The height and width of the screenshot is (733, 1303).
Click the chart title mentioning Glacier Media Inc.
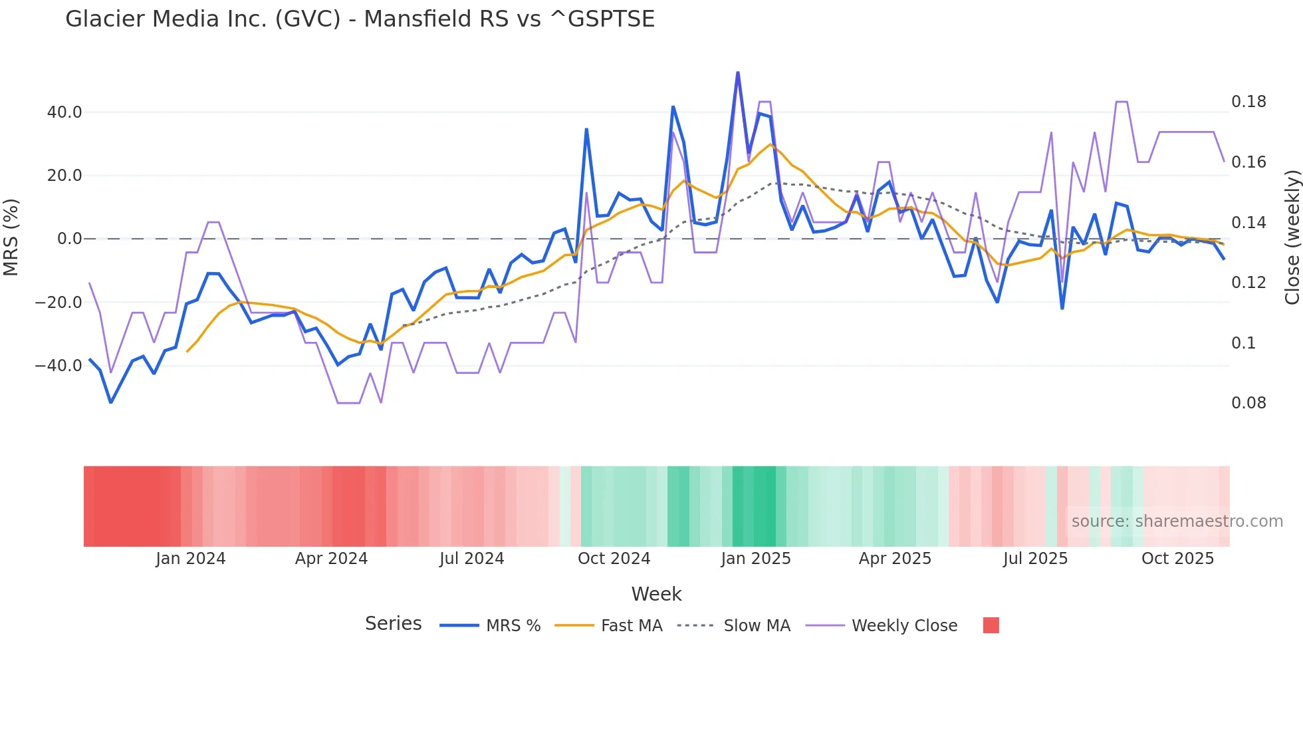360,19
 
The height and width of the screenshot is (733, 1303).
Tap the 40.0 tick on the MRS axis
64,112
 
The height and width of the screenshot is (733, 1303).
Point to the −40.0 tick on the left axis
59,366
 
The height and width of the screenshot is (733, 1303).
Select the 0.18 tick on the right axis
1248,102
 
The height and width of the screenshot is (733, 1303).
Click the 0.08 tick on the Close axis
1248,403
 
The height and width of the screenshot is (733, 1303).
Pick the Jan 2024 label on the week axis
191,559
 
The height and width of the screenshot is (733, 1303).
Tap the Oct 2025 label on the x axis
1177,559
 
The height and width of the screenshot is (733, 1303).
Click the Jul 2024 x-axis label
471,559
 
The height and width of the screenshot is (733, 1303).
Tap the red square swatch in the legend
991,625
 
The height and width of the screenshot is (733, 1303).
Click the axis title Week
656,594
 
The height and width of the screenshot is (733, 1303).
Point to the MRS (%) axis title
11,237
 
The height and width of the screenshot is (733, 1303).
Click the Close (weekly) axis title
1292,237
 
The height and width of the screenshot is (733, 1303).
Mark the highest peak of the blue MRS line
737,73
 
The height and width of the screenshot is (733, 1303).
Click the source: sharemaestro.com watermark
1177,521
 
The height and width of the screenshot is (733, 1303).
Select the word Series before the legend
393,624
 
